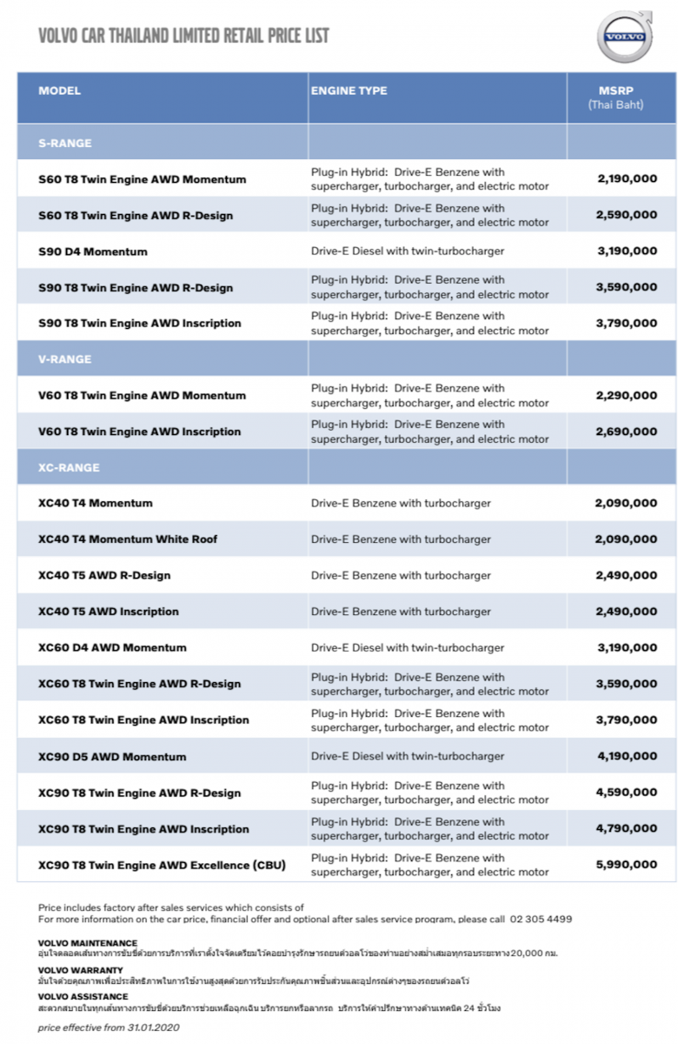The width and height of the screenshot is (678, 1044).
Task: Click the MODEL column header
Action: coord(60,91)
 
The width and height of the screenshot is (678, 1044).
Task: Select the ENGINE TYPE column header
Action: coord(349,91)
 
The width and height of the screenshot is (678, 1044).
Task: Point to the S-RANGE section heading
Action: coord(65,144)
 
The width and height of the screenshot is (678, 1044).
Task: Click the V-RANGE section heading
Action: coord(65,359)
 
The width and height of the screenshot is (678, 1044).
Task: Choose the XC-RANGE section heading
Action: coord(70,468)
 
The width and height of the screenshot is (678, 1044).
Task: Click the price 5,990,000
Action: coord(627,866)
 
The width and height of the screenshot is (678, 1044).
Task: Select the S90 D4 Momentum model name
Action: coord(93,252)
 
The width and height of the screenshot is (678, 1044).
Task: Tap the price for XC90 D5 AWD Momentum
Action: coord(627,757)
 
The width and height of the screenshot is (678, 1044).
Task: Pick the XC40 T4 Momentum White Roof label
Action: coord(128,539)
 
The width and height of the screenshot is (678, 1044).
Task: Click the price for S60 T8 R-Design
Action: coord(627,215)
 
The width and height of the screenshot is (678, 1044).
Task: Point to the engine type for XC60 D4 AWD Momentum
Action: coord(408,648)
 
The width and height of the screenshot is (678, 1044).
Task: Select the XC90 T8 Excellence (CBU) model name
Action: coord(162,866)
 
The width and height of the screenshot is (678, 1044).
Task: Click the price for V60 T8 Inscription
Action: coord(627,432)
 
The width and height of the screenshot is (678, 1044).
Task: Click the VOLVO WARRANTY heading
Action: coord(81,970)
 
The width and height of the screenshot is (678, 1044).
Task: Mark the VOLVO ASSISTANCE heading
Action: coord(83,997)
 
